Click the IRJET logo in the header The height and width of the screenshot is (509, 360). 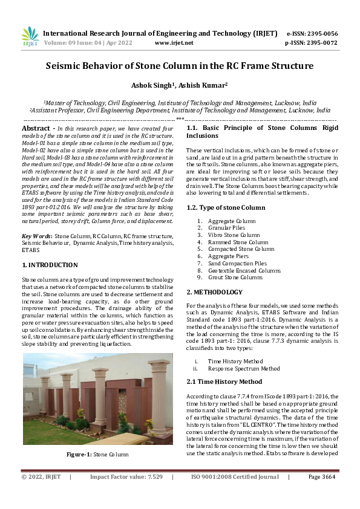[30, 37]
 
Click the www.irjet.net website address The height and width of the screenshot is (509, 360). [174, 43]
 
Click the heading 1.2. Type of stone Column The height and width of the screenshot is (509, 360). [226, 207]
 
